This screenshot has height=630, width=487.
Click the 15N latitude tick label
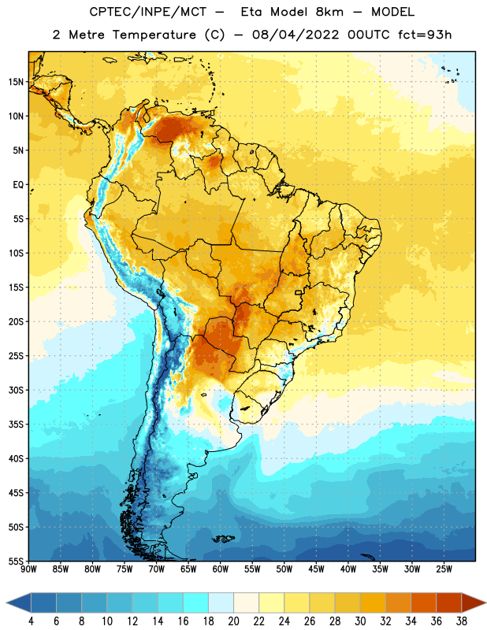[x=16, y=82]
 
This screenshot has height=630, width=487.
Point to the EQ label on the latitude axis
[x=18, y=185]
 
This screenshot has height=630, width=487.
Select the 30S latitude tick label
[x=16, y=390]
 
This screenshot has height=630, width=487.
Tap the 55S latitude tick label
[x=16, y=561]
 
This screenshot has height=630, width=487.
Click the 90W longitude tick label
[x=28, y=569]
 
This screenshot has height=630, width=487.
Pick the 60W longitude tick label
[x=221, y=569]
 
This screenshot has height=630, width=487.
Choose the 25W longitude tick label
[x=444, y=569]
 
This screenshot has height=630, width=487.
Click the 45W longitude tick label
[x=316, y=569]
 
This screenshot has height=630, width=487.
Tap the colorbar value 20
[x=233, y=621]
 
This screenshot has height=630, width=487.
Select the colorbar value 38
[x=462, y=621]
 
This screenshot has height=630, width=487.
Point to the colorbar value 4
[x=31, y=621]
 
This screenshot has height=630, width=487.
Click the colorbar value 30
[x=360, y=621]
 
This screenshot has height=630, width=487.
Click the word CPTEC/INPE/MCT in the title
[x=147, y=12]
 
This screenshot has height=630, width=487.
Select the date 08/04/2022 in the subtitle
[x=296, y=35]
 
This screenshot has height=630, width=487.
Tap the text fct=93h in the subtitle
[x=425, y=35]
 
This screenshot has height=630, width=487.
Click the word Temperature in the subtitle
[x=154, y=35]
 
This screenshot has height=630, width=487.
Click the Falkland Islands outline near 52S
[x=223, y=539]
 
